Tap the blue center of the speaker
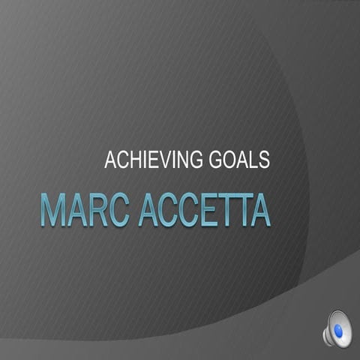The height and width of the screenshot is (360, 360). tap(338, 330)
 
